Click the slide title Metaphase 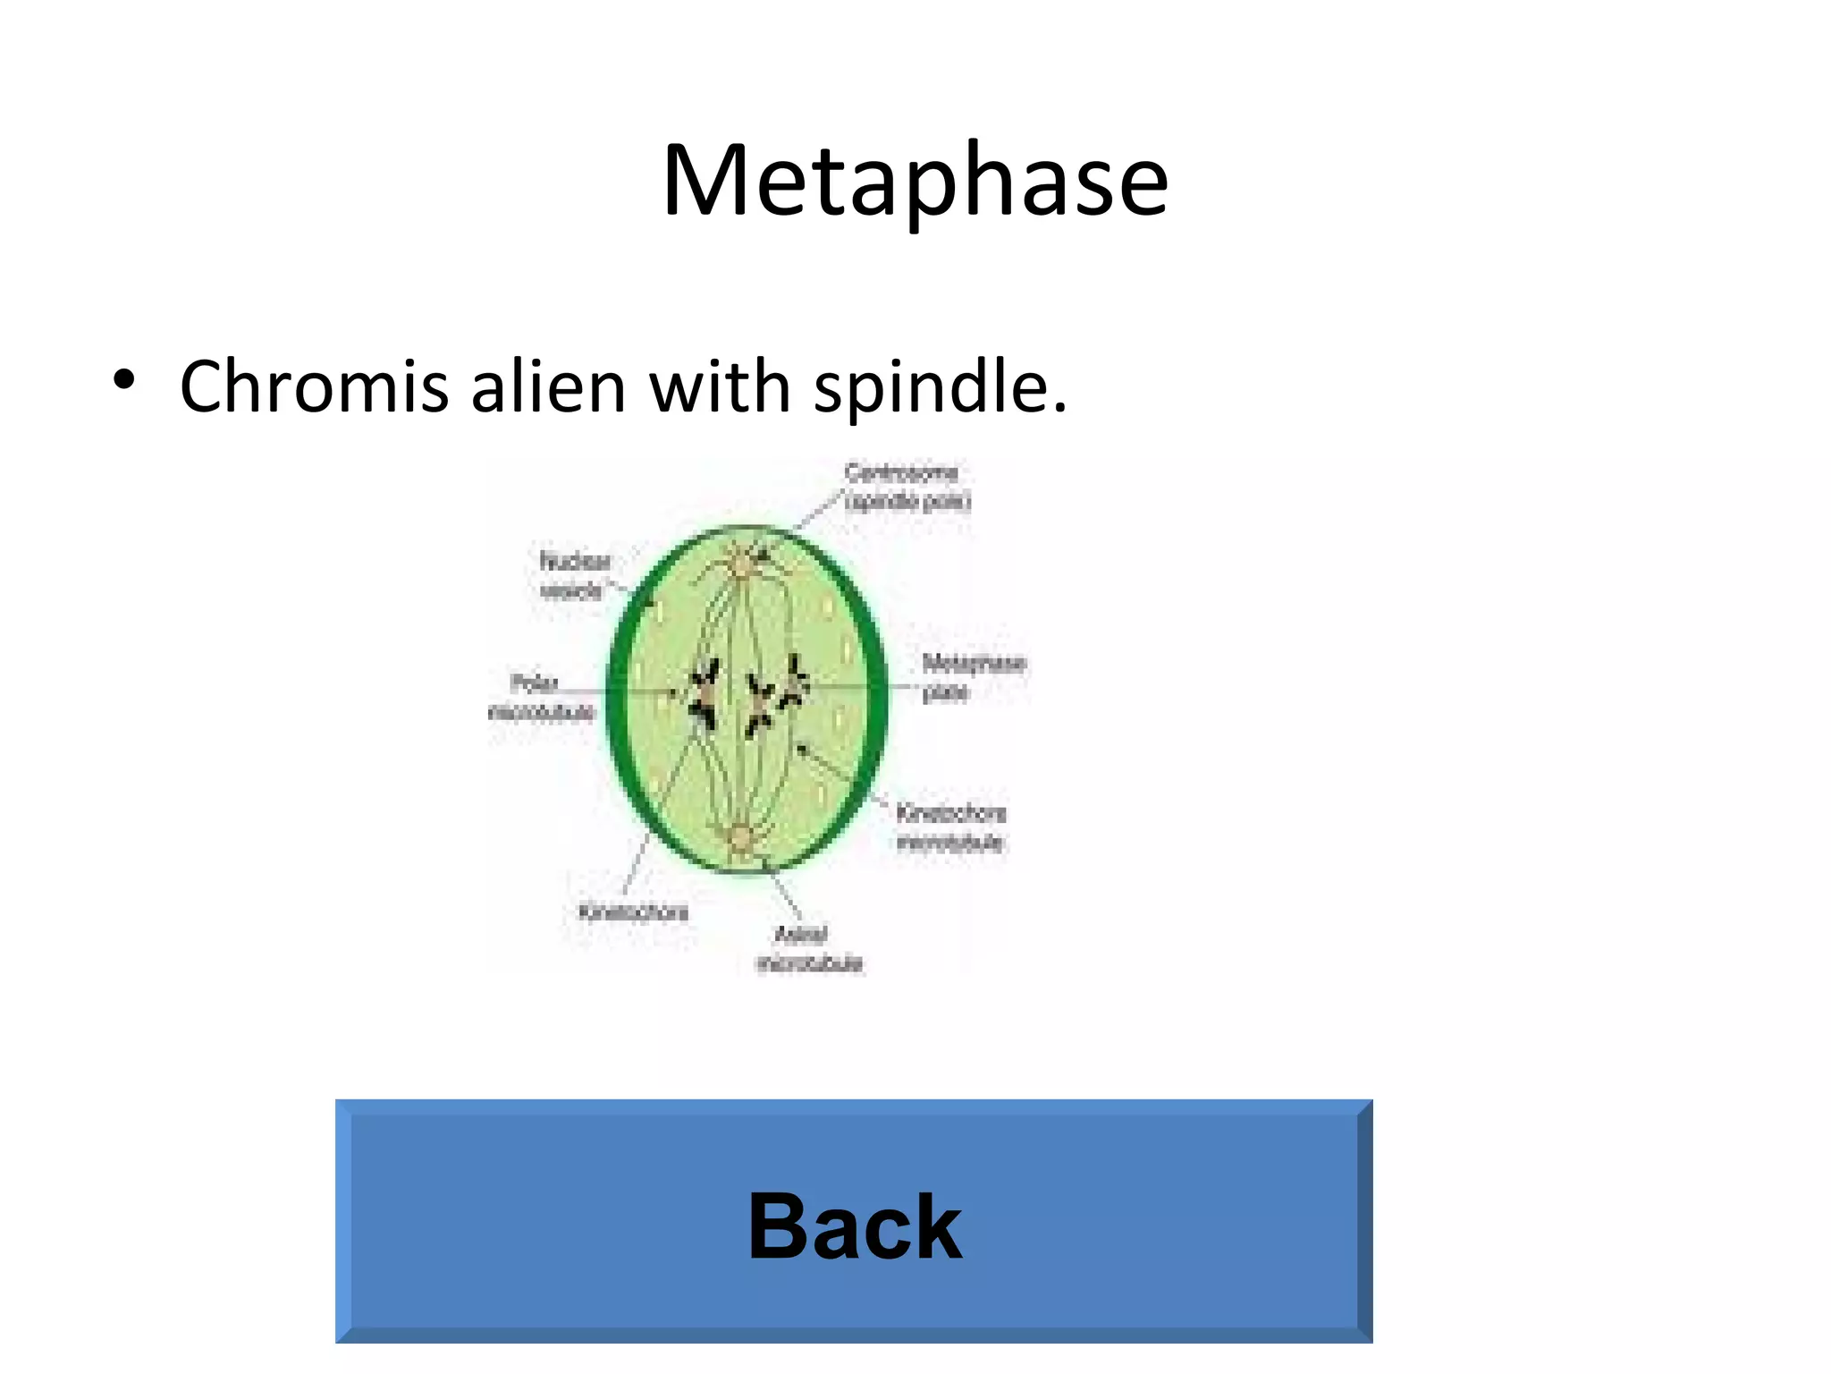pyautogui.click(x=915, y=181)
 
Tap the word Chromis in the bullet pyautogui.click(x=313, y=386)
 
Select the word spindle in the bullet pyautogui.click(x=939, y=386)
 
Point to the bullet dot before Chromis pyautogui.click(x=124, y=380)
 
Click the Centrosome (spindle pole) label pyautogui.click(x=907, y=487)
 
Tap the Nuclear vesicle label pyautogui.click(x=574, y=576)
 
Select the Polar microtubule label pyautogui.click(x=540, y=698)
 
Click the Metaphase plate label pyautogui.click(x=973, y=677)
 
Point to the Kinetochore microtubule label pyautogui.click(x=950, y=827)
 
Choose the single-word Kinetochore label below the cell pyautogui.click(x=634, y=912)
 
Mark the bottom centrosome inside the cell pyautogui.click(x=741, y=840)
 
